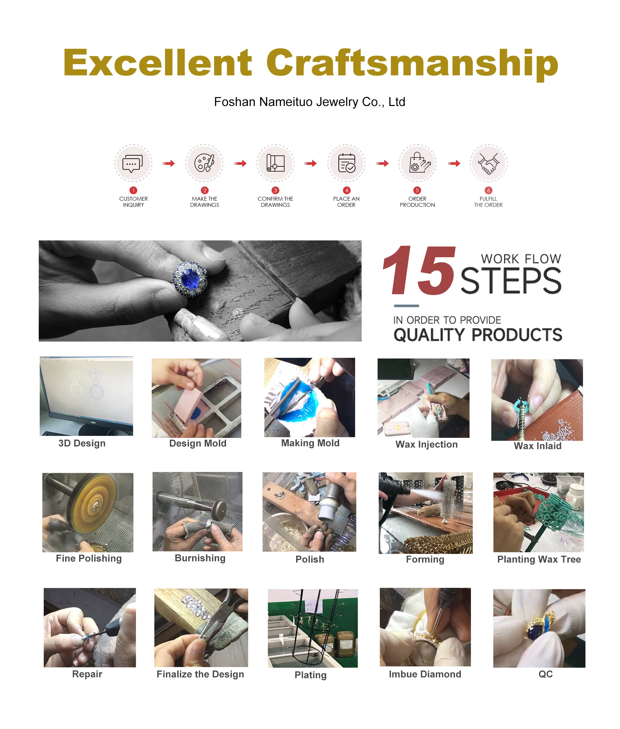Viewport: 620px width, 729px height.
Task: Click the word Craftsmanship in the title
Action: [x=412, y=63]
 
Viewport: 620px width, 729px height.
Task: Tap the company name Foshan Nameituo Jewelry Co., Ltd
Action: [x=310, y=102]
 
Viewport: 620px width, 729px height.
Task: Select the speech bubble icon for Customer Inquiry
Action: [x=133, y=164]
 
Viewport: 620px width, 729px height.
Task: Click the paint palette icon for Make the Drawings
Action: [x=204, y=163]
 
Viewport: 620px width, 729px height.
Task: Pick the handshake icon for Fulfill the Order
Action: [x=488, y=164]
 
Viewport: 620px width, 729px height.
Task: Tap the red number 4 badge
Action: [x=346, y=190]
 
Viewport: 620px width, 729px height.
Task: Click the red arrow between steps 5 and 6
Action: [x=454, y=163]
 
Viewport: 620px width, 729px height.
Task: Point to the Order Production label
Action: [x=417, y=202]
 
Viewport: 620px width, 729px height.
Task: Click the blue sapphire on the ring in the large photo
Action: [x=190, y=279]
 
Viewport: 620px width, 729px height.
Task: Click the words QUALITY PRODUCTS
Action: [x=478, y=334]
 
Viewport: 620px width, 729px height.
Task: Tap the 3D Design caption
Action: [x=82, y=443]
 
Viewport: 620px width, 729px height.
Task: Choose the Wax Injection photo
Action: [x=423, y=398]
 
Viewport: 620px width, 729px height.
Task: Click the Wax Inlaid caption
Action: [x=537, y=446]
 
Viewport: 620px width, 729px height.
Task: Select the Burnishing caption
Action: [x=200, y=558]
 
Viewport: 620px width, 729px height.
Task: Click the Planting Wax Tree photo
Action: [x=538, y=512]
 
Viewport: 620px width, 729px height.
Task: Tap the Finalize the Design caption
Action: [x=200, y=674]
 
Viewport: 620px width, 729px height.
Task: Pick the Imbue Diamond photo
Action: [x=425, y=627]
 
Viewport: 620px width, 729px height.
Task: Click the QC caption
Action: [x=545, y=674]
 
